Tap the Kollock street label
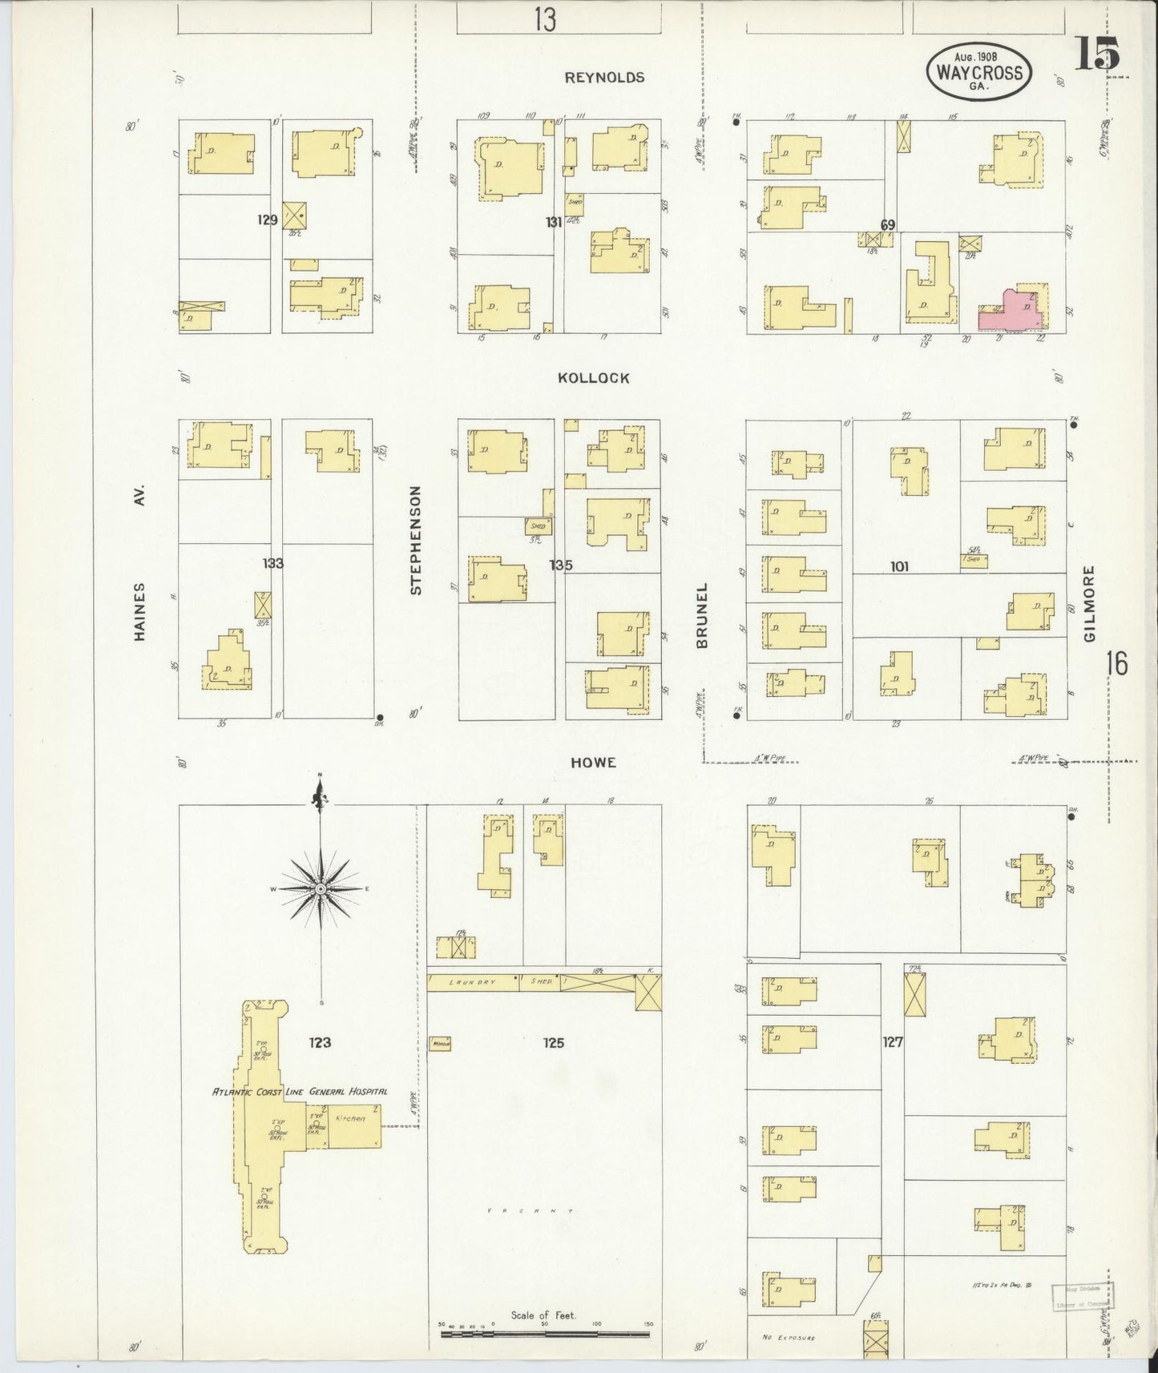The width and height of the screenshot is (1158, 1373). [594, 378]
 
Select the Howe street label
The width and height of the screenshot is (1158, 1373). [593, 763]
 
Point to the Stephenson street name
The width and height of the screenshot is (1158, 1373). [415, 540]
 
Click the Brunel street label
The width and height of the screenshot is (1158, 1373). [702, 615]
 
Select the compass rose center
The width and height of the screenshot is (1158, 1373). [321, 888]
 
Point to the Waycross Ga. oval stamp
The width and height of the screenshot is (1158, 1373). [978, 72]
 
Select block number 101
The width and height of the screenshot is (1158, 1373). [898, 566]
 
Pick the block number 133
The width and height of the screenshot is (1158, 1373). [272, 563]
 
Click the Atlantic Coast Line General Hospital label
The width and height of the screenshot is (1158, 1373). [300, 1091]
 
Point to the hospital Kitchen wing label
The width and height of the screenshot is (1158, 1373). [351, 1117]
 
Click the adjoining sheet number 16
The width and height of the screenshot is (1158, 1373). [1116, 664]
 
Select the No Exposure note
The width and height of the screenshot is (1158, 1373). [789, 1337]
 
